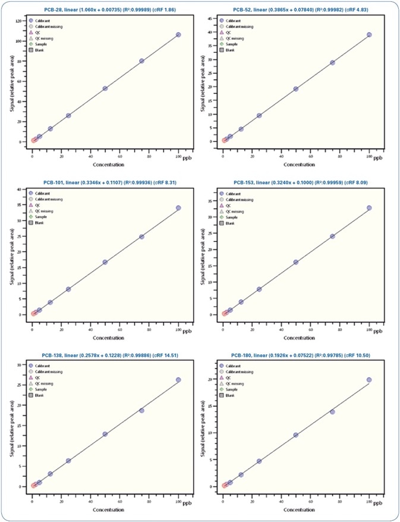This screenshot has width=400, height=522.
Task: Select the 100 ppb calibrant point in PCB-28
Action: click(178, 35)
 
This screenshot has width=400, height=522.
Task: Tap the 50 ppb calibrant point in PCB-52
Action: click(295, 89)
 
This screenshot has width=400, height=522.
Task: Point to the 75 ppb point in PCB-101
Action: click(142, 237)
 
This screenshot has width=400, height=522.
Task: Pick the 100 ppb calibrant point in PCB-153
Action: click(369, 208)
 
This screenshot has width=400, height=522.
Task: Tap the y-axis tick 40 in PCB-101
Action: click(21, 189)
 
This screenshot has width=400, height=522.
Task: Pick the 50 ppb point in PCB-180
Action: click(295, 435)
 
